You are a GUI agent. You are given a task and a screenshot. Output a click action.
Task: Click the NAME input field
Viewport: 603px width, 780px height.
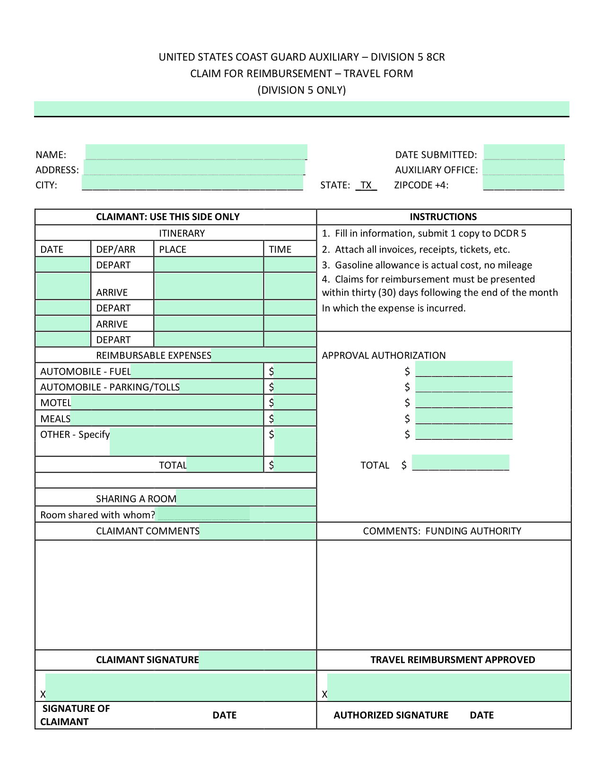(x=196, y=152)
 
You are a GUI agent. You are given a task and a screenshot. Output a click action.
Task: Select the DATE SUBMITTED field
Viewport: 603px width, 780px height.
(x=524, y=152)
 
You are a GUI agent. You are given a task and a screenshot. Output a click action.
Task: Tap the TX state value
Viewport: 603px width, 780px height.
(x=366, y=185)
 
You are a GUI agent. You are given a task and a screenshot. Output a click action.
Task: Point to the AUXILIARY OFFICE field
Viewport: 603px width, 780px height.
(x=523, y=168)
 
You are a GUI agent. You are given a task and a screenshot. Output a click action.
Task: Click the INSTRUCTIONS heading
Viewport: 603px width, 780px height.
(x=443, y=217)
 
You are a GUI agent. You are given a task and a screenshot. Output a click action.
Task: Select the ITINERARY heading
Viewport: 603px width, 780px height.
(x=182, y=233)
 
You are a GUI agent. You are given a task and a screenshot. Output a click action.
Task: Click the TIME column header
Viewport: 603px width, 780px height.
(x=280, y=249)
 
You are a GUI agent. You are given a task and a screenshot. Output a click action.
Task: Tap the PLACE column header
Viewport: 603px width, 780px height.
(x=173, y=249)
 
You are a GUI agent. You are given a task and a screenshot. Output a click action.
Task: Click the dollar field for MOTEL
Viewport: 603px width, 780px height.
(x=295, y=403)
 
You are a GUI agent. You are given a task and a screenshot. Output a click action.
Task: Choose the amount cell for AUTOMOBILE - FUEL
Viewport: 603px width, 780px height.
(x=295, y=371)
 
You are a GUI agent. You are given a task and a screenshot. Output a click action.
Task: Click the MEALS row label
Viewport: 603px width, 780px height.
(x=55, y=419)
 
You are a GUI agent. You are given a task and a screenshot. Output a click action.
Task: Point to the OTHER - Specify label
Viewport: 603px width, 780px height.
(x=75, y=435)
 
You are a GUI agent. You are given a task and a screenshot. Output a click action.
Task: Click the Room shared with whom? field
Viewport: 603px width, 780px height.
(x=203, y=514)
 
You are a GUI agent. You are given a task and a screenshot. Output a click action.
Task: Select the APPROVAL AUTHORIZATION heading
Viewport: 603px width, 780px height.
(x=384, y=355)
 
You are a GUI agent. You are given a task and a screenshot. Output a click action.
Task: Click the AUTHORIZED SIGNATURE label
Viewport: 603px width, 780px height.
(x=391, y=715)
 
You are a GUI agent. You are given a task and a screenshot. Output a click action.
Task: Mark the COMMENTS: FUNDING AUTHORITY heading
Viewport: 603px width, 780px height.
(x=442, y=531)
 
